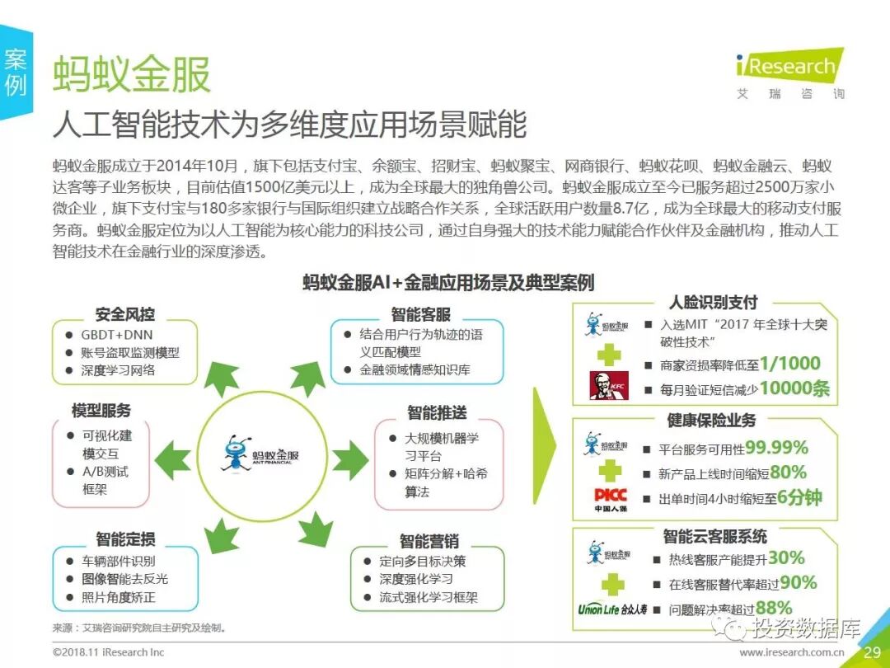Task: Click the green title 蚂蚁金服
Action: tap(132, 75)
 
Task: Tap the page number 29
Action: tap(872, 653)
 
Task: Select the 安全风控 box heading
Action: tap(125, 315)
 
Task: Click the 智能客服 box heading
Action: tap(420, 315)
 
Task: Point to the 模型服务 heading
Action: tap(101, 410)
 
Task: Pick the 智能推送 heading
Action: tap(437, 412)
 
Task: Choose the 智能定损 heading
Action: tap(125, 539)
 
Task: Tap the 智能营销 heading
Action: tap(429, 542)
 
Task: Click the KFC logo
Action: tap(609, 385)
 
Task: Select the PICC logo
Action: tap(611, 499)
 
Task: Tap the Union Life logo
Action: tap(611, 610)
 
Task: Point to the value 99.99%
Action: tap(776, 448)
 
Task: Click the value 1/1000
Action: tap(789, 364)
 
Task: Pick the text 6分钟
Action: tap(799, 498)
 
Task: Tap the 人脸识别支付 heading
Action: tap(714, 303)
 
